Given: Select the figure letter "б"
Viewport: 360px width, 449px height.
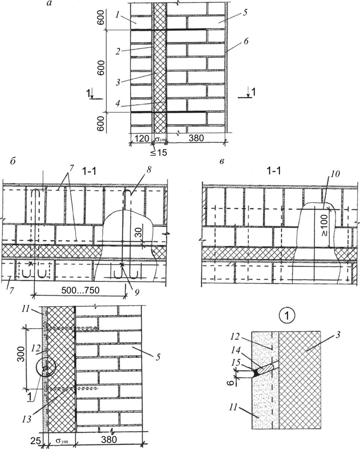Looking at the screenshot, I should coord(13,161).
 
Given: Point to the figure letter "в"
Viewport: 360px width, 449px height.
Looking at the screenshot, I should coord(222,161).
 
